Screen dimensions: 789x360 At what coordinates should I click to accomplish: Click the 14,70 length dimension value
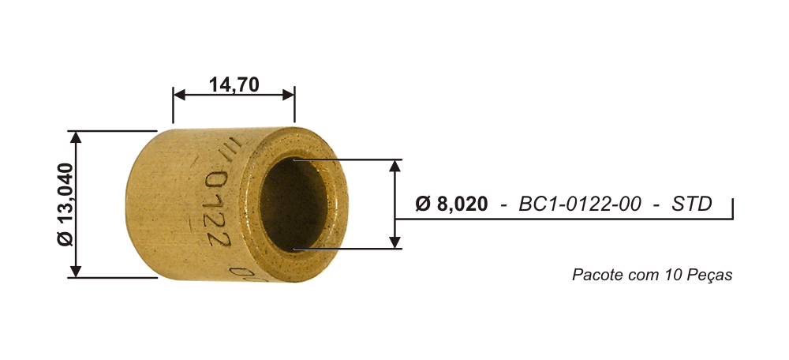pos(234,84)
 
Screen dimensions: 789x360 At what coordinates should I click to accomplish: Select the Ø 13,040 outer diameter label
pos(66,204)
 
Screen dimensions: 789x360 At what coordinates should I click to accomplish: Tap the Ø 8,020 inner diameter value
pos(451,204)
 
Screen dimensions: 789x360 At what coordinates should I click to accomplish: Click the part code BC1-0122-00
pos(580,204)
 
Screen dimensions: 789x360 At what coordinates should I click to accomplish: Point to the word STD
pos(692,204)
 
